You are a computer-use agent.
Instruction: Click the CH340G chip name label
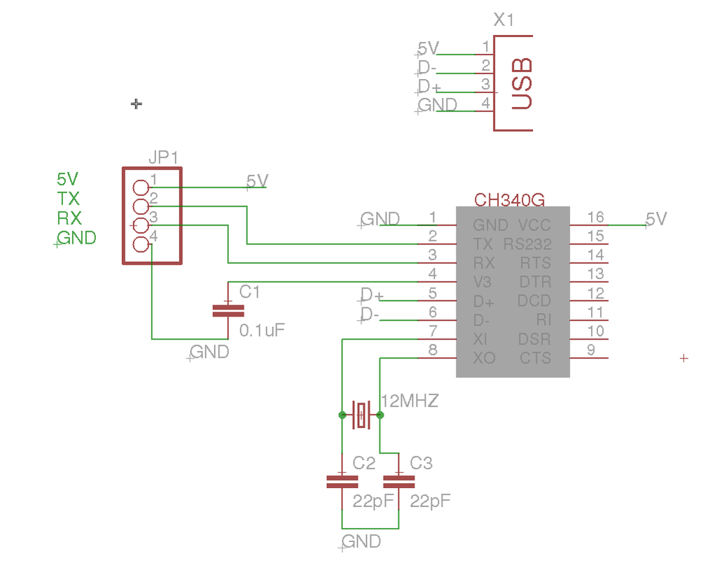coord(509,200)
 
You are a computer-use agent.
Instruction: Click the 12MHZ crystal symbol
coord(361,415)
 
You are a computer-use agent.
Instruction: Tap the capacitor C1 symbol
coord(226,311)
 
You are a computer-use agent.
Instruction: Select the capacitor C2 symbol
coord(342,481)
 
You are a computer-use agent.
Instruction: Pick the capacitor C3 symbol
coord(399,481)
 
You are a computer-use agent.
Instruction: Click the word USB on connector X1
coord(522,83)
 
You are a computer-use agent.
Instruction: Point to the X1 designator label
coord(503,20)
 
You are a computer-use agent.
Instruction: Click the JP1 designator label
coord(163,158)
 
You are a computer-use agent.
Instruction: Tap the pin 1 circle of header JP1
coord(141,188)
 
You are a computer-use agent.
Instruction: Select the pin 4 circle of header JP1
coord(141,244)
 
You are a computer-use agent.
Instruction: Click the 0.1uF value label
coord(263,330)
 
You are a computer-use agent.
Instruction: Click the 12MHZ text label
coord(410,401)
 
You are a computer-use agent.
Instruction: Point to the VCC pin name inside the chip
coord(534,225)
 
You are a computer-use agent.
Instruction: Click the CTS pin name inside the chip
coord(536,359)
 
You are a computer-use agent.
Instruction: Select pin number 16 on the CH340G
coord(595,217)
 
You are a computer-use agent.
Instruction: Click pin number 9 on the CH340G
coord(592,350)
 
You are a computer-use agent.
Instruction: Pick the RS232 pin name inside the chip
coord(527,244)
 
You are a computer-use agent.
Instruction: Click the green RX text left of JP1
coord(69,218)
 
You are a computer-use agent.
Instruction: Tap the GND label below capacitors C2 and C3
coord(361,541)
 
